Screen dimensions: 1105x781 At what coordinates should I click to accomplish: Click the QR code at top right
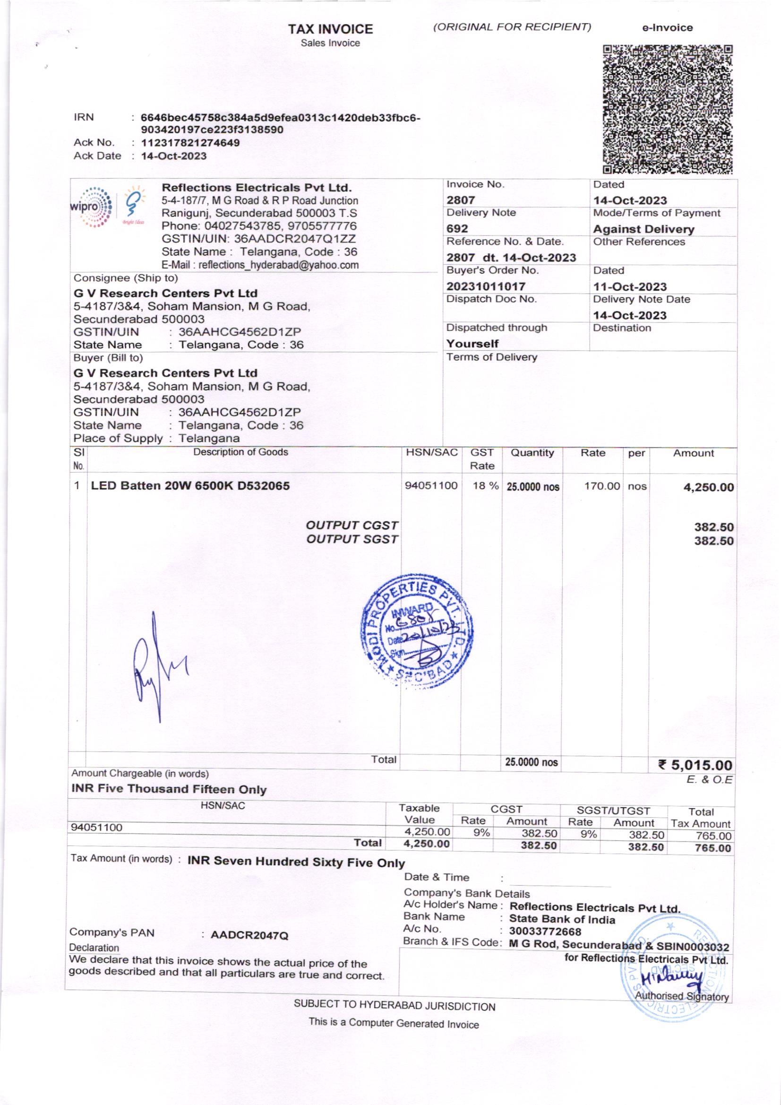click(x=668, y=109)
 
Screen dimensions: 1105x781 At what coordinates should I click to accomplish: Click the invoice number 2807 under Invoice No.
click(x=461, y=200)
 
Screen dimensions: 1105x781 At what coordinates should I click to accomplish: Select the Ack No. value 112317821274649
click(x=190, y=143)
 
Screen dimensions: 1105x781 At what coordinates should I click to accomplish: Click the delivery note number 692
click(x=457, y=229)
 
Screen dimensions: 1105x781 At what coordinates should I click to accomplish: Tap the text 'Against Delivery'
click(x=644, y=229)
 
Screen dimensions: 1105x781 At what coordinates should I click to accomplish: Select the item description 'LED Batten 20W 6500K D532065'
click(x=190, y=485)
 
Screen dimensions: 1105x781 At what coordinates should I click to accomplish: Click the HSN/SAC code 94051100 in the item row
click(x=431, y=485)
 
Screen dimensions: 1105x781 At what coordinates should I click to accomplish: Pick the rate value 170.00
click(x=602, y=486)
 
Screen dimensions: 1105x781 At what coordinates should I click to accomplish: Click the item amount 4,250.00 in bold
click(x=708, y=487)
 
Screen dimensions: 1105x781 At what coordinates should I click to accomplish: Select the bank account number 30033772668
click(x=545, y=932)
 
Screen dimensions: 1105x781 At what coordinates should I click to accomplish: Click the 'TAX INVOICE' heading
click(x=331, y=30)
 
